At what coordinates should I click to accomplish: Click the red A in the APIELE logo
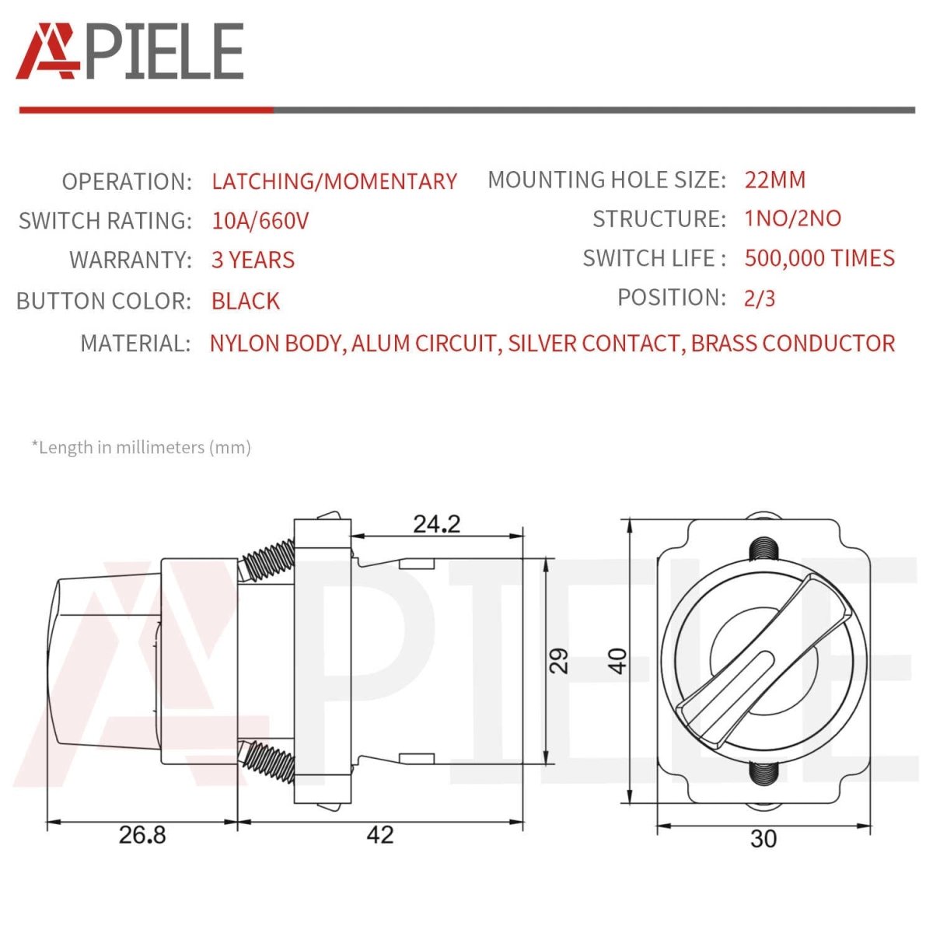(47, 51)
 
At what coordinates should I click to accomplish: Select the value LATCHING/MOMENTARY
(334, 182)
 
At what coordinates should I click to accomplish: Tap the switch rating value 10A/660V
(260, 221)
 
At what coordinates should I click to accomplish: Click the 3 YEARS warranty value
(253, 260)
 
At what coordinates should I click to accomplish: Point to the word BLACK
(246, 301)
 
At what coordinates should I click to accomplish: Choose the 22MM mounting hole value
(774, 180)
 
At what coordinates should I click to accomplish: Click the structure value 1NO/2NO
(792, 218)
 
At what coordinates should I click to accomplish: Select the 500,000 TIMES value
(819, 258)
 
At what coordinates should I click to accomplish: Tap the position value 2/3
(759, 299)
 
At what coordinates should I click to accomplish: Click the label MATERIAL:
(135, 344)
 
